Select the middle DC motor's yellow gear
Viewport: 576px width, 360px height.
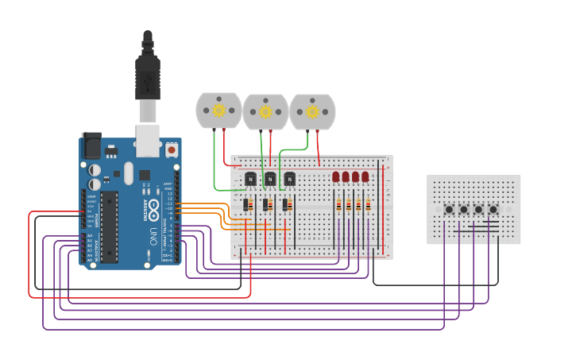click(265, 112)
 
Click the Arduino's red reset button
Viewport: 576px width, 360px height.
click(172, 149)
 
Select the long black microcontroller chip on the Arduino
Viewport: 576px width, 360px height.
click(109, 226)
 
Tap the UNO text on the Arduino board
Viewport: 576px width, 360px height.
click(154, 236)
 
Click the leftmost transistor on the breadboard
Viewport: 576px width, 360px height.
click(251, 179)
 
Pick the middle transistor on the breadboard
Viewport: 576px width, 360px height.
click(270, 179)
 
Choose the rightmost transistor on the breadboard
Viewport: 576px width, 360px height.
click(289, 179)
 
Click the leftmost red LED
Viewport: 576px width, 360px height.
click(336, 176)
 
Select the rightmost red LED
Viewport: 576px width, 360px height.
click(365, 176)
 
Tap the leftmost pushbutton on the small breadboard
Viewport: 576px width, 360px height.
click(449, 210)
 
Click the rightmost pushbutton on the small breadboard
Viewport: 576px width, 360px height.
click(493, 210)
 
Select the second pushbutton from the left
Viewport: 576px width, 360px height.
click(464, 210)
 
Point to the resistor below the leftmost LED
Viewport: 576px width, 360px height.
click(339, 206)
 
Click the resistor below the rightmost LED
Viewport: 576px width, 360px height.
click(368, 206)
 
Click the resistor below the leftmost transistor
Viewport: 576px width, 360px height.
click(246, 206)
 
